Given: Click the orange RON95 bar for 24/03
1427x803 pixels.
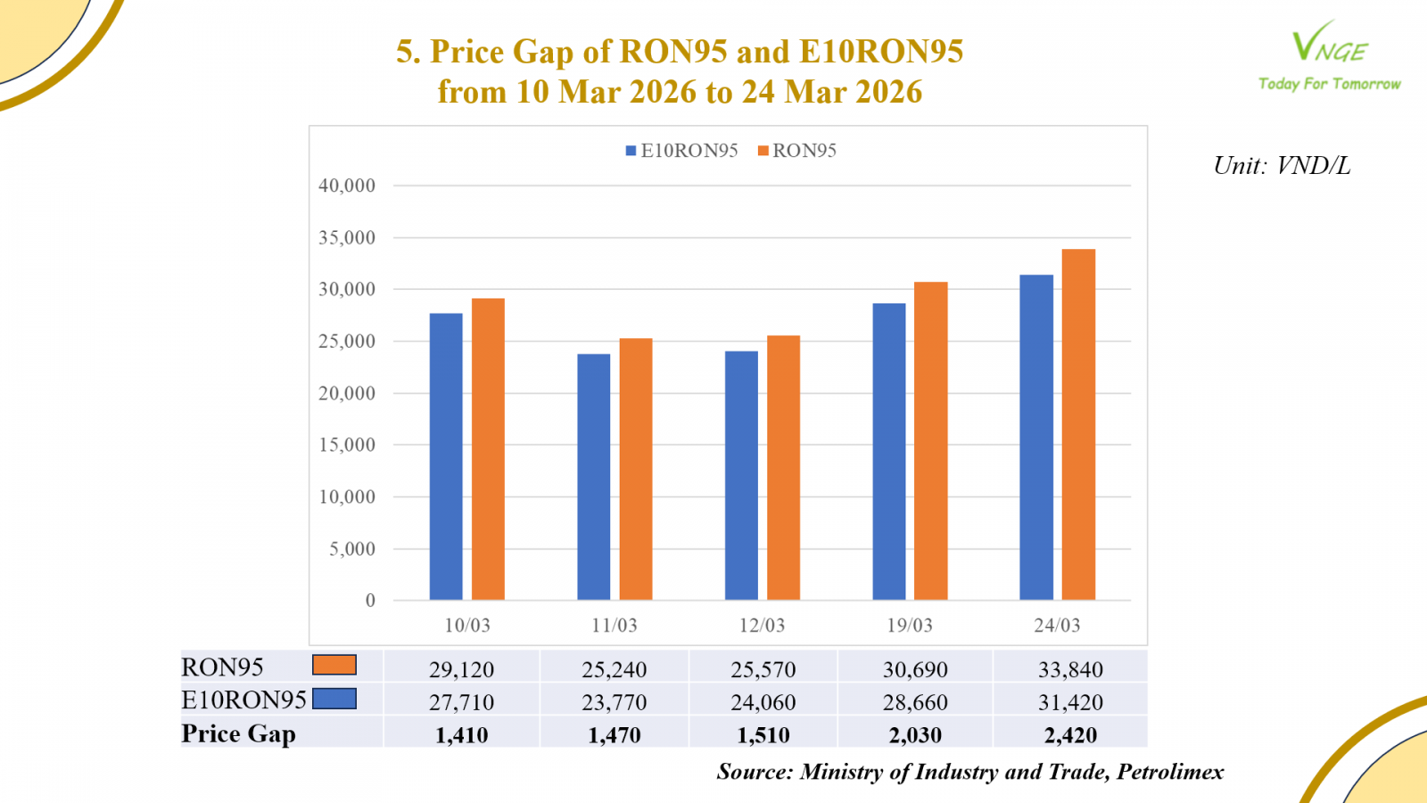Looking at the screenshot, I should (1078, 425).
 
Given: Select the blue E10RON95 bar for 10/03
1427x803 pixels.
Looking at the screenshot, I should (446, 457).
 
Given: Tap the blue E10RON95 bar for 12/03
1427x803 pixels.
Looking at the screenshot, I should (741, 476).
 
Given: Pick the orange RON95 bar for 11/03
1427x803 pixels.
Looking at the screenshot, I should (636, 469).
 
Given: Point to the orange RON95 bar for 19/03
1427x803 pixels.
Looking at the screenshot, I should (931, 441).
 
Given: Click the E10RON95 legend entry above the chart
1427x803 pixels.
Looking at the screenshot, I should (682, 151).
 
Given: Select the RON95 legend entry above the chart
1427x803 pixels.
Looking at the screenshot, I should (797, 151).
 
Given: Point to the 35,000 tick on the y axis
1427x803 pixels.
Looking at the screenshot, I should (347, 238).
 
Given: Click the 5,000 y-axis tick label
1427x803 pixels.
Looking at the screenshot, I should (352, 549).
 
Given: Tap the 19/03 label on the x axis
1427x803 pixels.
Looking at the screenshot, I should (910, 625).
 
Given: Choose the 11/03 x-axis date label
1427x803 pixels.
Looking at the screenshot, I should (615, 625).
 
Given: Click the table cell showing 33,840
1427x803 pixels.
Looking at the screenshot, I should (1070, 669).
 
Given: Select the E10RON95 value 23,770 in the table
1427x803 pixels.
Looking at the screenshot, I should (615, 702).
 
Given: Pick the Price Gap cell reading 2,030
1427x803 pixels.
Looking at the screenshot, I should (915, 735).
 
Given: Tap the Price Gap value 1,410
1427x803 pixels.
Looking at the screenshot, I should (462, 735).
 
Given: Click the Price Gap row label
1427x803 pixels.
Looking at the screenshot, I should (238, 733).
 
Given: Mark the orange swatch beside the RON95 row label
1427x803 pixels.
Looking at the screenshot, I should (334, 666).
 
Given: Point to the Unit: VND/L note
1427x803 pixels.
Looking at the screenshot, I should (1282, 166).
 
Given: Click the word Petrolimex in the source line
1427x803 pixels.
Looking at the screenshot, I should (1170, 772).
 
